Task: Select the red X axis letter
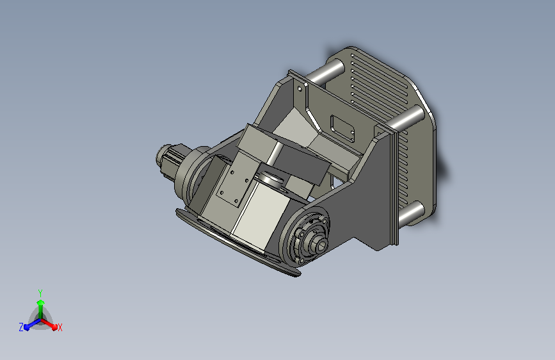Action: coord(60,327)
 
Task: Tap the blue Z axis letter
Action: coord(21,327)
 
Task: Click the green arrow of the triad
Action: coord(40,304)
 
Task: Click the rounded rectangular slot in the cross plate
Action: coord(342,128)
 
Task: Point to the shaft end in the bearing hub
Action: coord(318,243)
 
